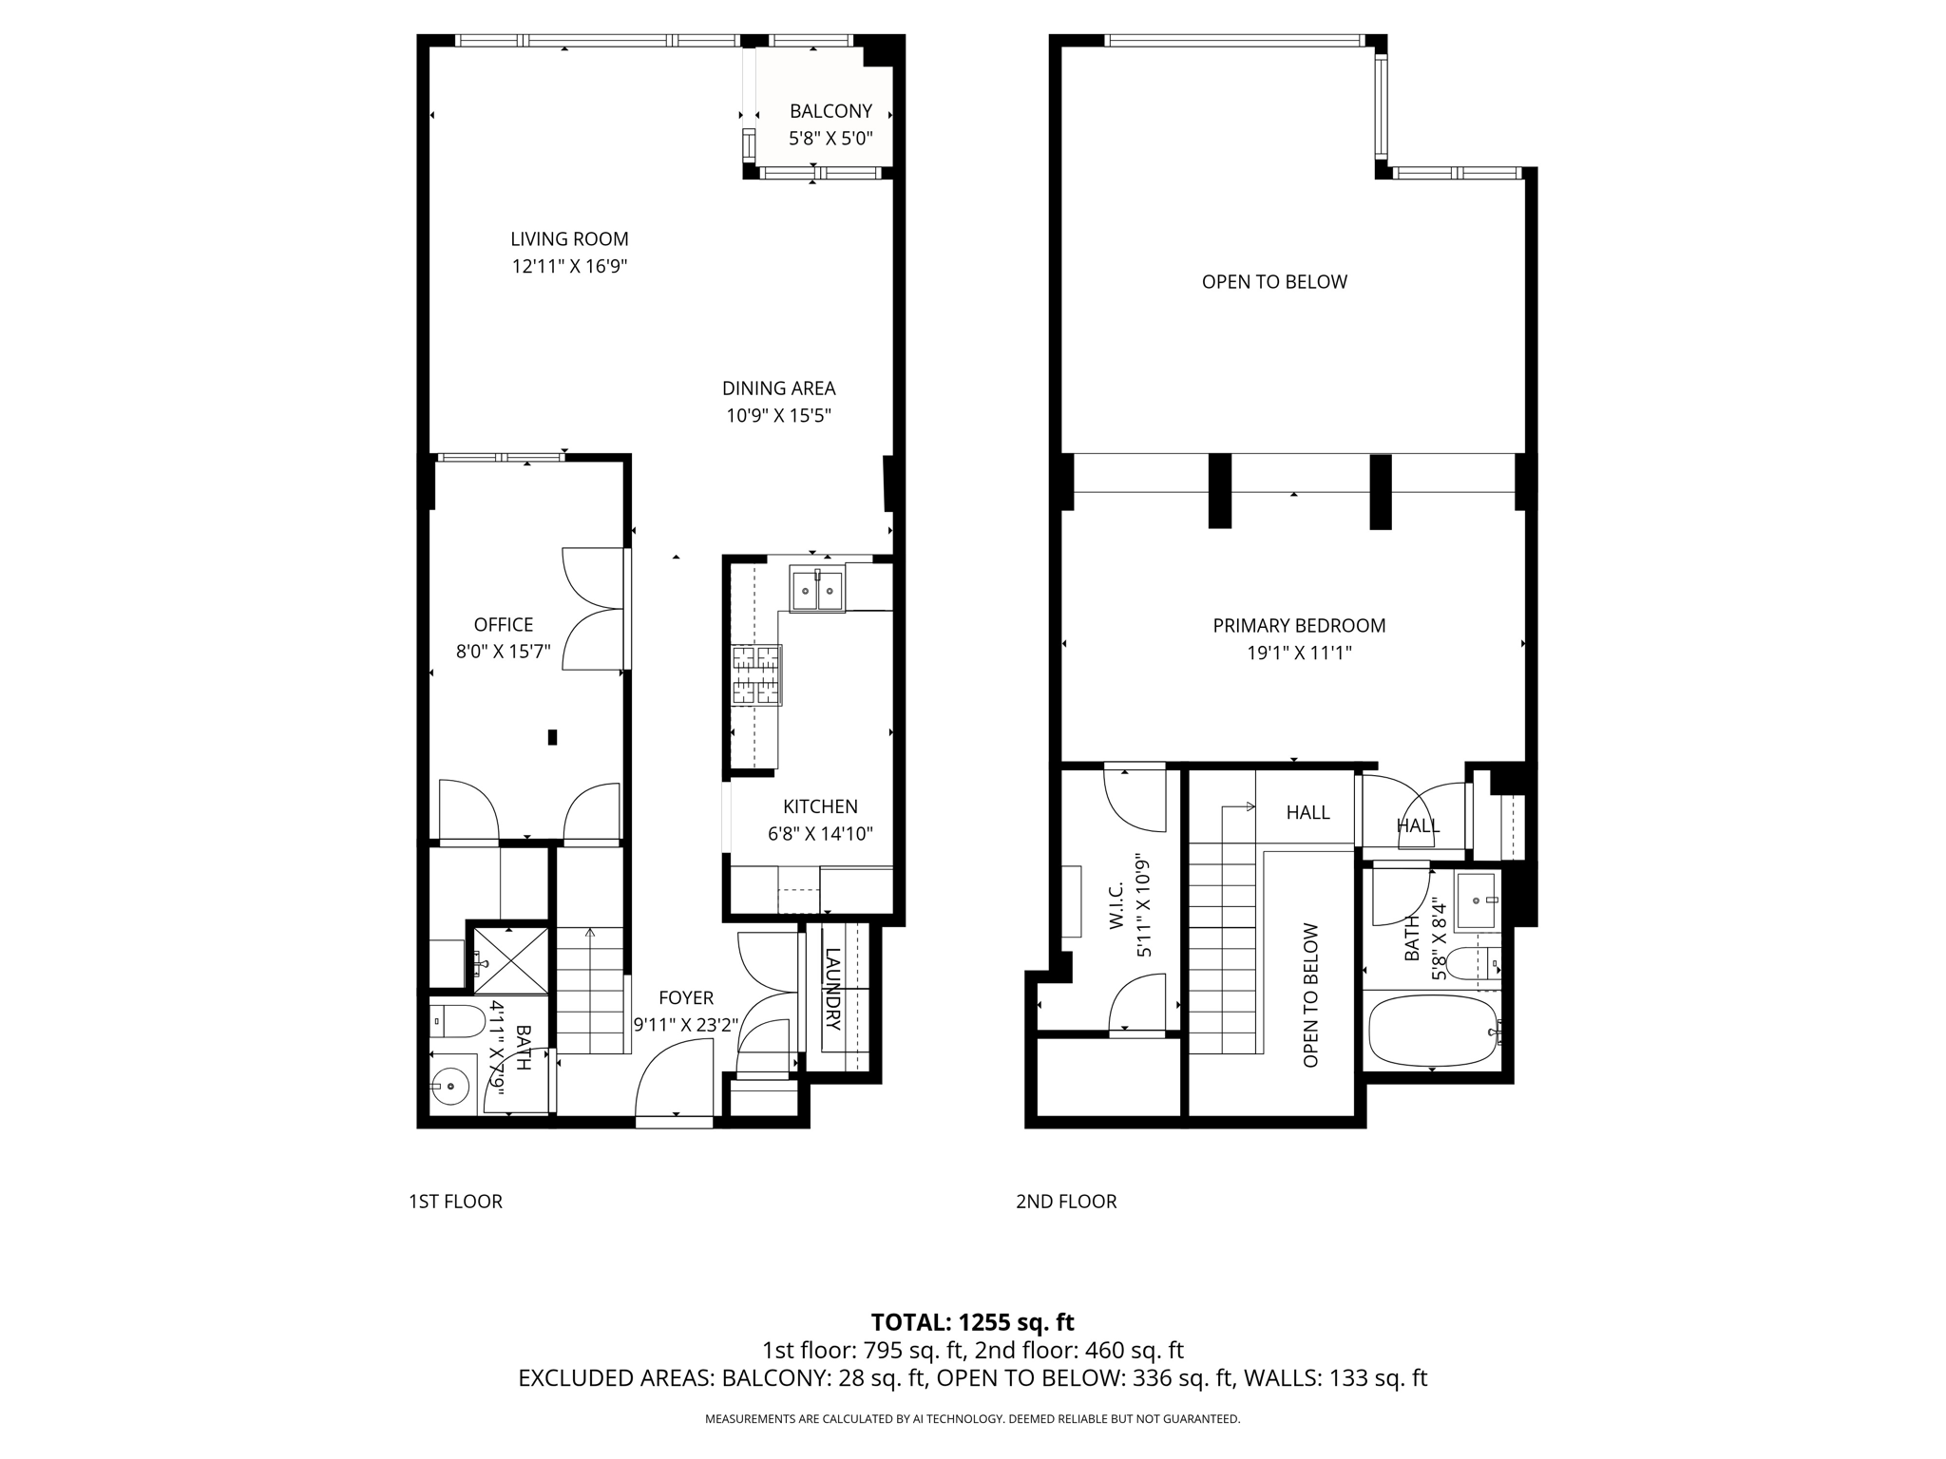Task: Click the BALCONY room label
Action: tap(830, 111)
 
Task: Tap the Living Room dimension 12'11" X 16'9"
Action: tap(569, 267)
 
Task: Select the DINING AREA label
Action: tap(778, 388)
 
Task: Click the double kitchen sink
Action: tap(816, 591)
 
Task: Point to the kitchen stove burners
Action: tap(756, 675)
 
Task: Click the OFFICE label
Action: tap(503, 625)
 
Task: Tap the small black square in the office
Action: tap(552, 737)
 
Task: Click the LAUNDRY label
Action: tap(832, 989)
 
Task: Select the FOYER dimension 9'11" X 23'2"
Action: tap(685, 1025)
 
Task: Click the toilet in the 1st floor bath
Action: tap(455, 1022)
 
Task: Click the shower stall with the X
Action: tap(511, 961)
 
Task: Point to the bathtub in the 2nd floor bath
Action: tap(1433, 1031)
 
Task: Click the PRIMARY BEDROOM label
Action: tap(1299, 626)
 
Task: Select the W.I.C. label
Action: tap(1116, 904)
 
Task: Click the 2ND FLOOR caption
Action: tap(1065, 1202)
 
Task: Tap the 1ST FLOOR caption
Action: tap(455, 1202)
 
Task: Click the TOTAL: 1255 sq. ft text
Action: tap(972, 1322)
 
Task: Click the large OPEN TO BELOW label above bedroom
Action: tap(1273, 282)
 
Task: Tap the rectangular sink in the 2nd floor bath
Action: tap(1476, 900)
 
